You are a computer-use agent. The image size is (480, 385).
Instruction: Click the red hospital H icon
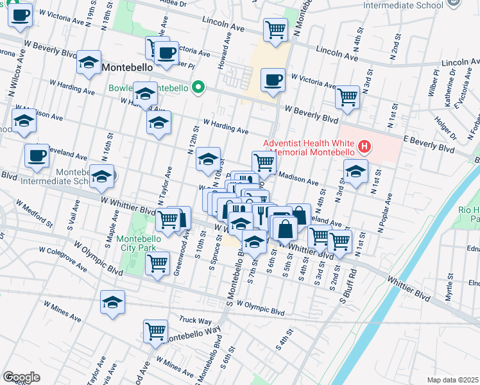point(364,147)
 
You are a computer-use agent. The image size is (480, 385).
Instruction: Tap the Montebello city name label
point(126,67)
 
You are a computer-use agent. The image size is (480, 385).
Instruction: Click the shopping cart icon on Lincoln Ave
point(275,30)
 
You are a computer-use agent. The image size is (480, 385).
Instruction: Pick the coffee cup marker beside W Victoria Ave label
point(273,81)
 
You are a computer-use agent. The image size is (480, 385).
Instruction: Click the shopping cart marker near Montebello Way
point(155,332)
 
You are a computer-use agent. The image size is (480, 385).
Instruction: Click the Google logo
point(21,377)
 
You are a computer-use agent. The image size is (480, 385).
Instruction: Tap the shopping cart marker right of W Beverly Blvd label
point(347,98)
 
